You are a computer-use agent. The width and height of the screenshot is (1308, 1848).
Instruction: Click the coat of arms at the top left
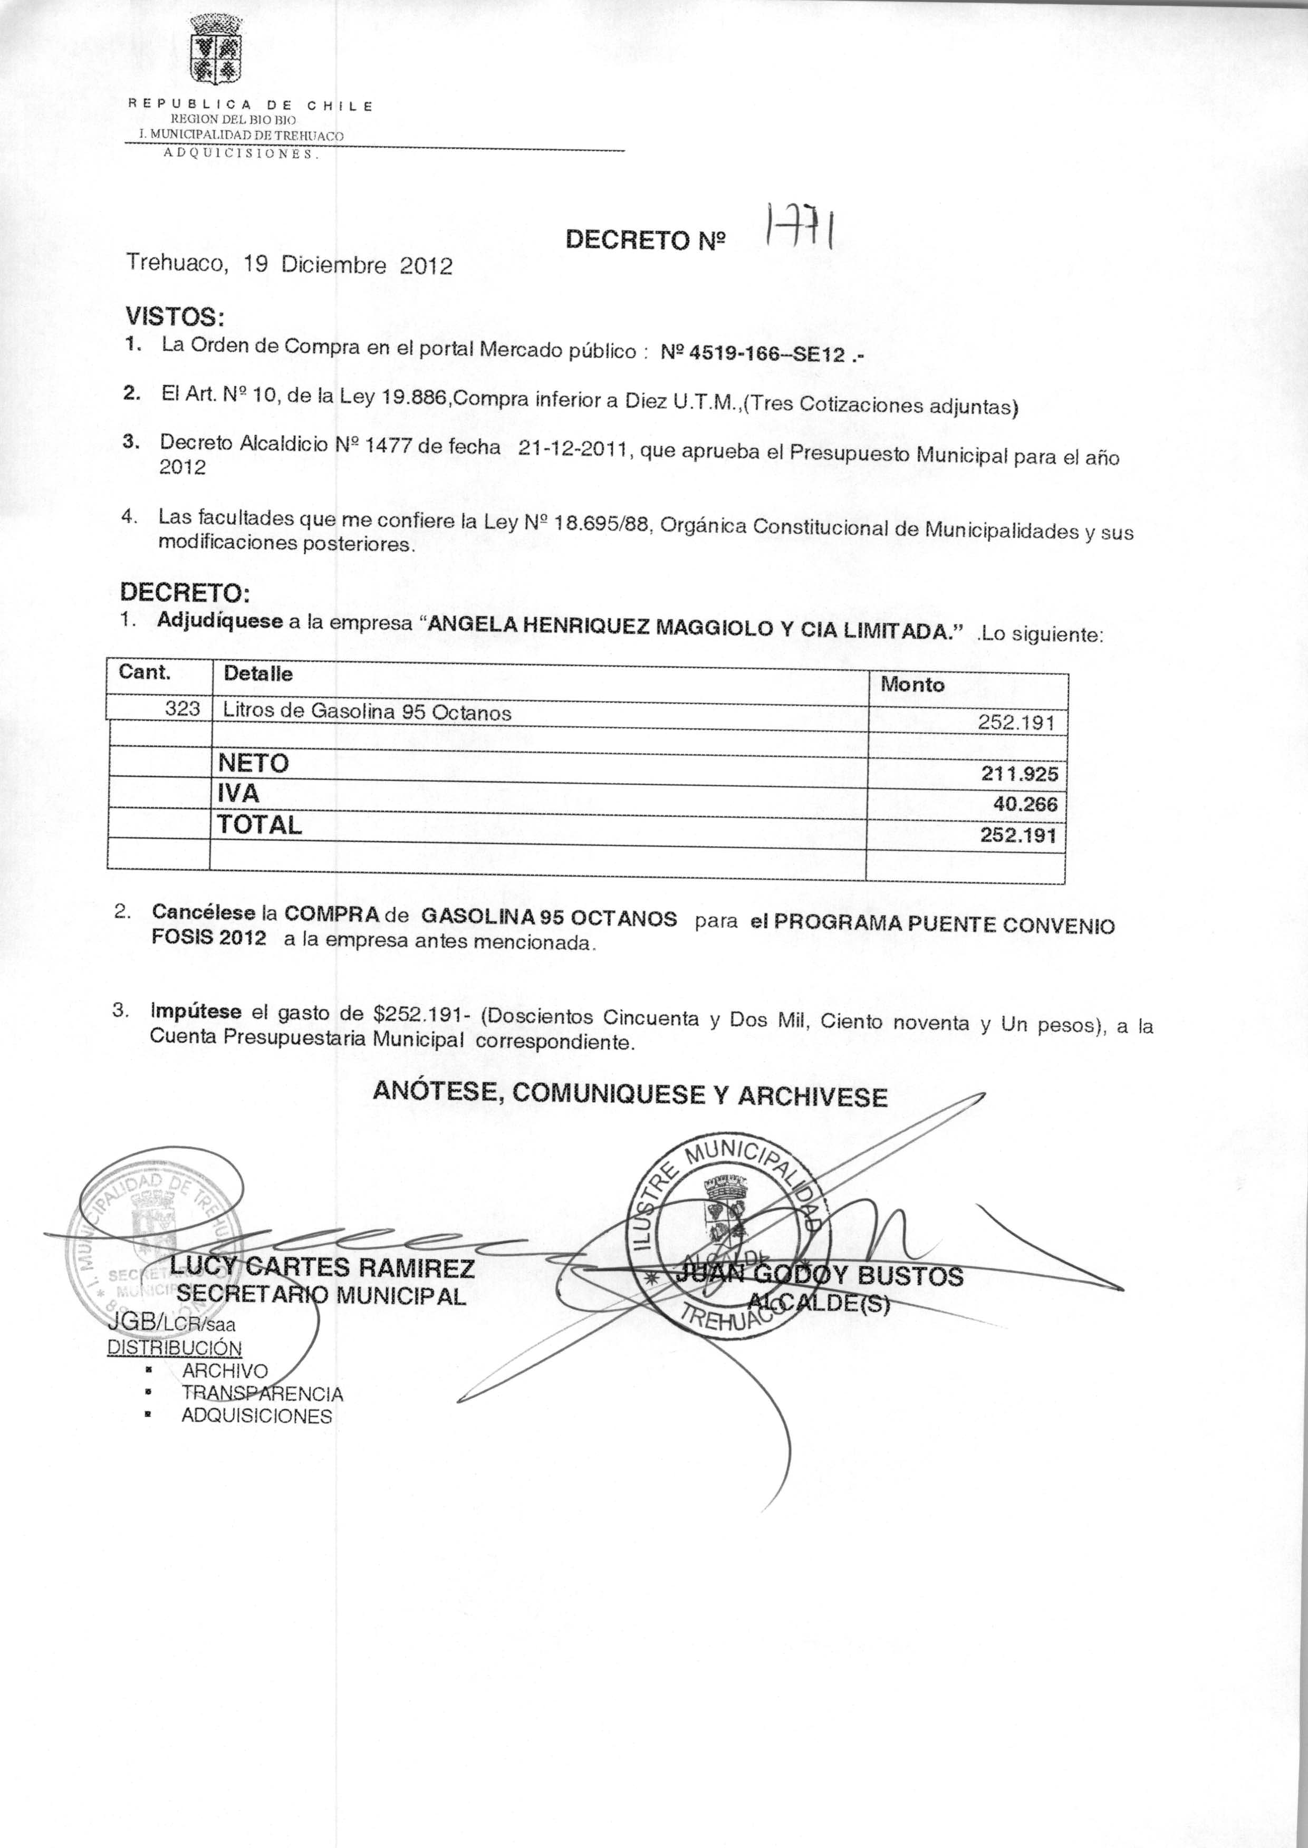coord(214,50)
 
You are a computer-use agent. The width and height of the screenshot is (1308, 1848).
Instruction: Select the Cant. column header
coord(145,671)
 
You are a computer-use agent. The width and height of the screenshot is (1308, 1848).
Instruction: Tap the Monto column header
coord(912,685)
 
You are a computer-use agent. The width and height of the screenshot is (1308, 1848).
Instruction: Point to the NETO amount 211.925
coord(1019,775)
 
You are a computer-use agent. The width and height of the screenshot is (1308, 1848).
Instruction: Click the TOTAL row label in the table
coord(260,824)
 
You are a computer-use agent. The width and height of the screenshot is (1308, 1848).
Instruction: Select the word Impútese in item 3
coord(196,1012)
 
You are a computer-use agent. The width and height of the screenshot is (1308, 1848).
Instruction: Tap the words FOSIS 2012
coord(209,939)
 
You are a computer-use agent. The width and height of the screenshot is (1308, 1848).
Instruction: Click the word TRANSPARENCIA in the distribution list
coord(263,1394)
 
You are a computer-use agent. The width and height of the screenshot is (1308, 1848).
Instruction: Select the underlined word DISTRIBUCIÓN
coord(175,1348)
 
